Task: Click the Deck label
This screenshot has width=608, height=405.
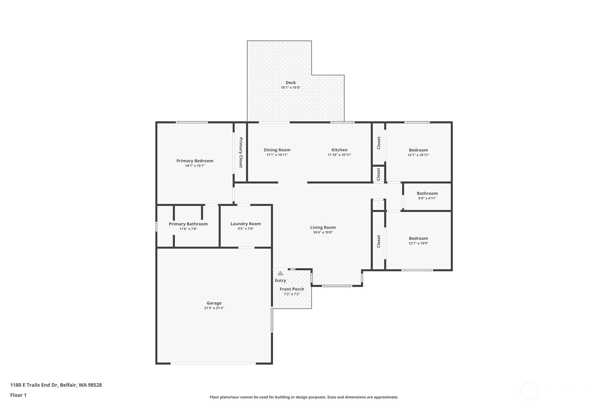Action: pos(291,83)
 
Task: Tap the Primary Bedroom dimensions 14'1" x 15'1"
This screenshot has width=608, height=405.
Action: pos(195,166)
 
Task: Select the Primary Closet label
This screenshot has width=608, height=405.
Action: pos(241,153)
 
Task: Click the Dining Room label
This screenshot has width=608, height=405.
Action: pos(277,150)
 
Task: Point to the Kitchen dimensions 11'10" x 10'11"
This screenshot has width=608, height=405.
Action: pos(339,155)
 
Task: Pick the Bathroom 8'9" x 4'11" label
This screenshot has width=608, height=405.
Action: pos(427,193)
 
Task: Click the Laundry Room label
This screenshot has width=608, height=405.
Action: pos(245,224)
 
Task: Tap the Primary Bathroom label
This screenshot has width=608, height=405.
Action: pos(188,224)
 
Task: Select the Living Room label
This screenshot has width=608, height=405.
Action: pos(323,227)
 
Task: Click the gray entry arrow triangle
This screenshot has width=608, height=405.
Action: pos(281,273)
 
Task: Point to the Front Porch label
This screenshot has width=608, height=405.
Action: pos(292,289)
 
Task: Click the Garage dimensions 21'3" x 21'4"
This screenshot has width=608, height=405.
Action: pos(214,308)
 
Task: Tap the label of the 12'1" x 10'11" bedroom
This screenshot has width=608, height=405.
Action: pos(418,150)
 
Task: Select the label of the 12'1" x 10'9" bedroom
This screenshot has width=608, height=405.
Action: pos(418,238)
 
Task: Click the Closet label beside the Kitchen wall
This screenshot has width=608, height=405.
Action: pos(379,143)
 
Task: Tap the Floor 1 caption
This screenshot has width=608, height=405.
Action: pos(18,395)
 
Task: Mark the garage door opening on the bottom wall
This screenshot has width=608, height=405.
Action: pos(213,363)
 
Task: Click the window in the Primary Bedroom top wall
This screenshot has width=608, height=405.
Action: pos(192,122)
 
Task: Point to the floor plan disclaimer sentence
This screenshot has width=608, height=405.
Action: pos(304,397)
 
